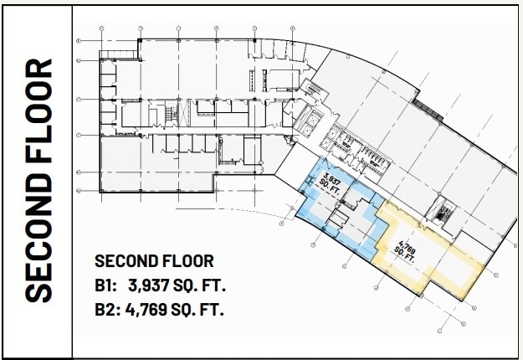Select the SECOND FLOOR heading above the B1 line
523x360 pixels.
pyautogui.click(x=154, y=261)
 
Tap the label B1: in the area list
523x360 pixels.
pyautogui.click(x=108, y=285)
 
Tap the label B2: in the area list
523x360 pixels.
pyautogui.click(x=108, y=310)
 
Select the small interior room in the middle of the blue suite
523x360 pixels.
pyautogui.click(x=337, y=219)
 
